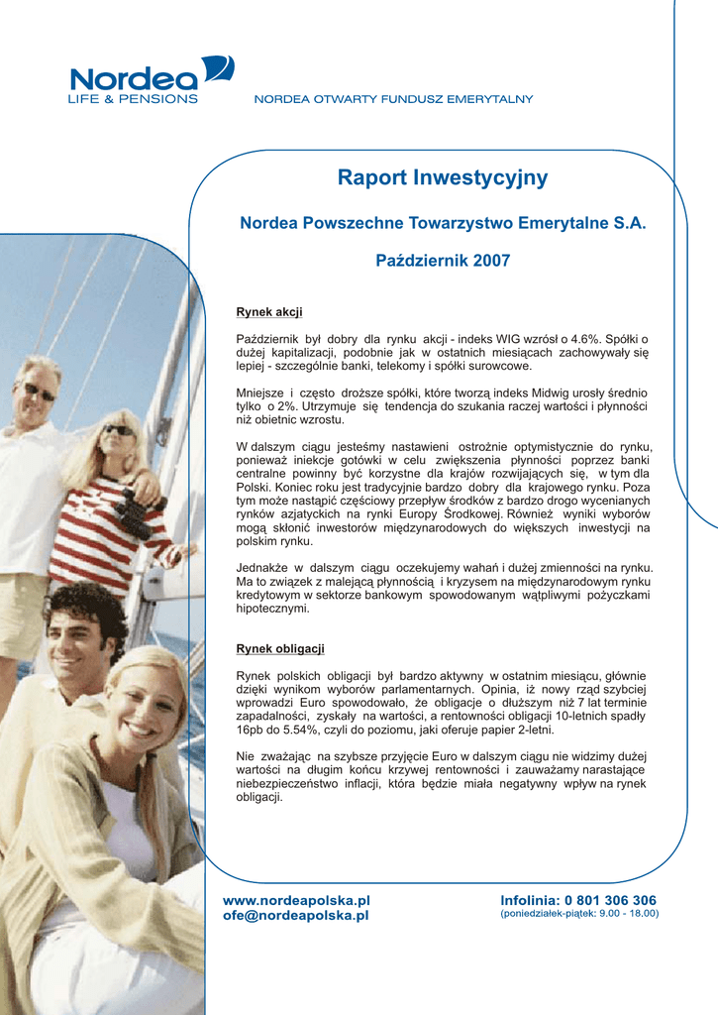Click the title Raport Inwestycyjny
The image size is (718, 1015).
[x=443, y=178]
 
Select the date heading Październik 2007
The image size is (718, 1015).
[x=443, y=261]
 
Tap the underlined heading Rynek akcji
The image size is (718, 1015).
[x=268, y=312]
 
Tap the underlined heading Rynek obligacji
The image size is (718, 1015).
[x=280, y=649]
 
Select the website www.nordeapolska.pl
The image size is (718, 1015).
[x=296, y=900]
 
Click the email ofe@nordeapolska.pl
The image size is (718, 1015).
[x=296, y=915]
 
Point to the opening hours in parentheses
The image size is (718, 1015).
[x=579, y=914]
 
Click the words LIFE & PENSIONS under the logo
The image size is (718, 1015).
[x=132, y=99]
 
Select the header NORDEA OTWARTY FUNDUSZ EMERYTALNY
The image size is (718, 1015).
[x=394, y=99]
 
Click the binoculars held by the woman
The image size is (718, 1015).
[x=133, y=513]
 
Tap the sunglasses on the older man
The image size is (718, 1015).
[x=38, y=391]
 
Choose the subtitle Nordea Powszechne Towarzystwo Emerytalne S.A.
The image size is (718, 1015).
[x=443, y=224]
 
